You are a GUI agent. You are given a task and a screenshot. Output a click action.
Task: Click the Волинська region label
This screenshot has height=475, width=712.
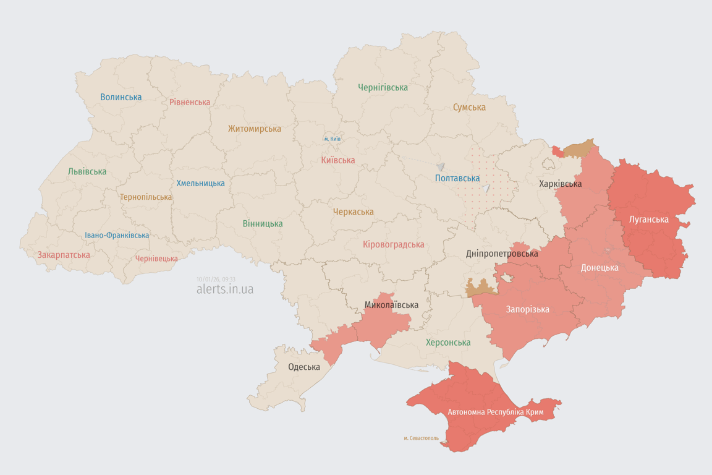coord(121,97)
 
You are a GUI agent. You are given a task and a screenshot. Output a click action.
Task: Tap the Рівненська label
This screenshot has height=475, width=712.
coord(190,102)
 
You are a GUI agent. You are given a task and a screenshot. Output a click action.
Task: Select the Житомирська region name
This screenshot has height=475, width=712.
coord(254,129)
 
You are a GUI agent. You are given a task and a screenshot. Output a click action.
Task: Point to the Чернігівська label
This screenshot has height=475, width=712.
coord(383,87)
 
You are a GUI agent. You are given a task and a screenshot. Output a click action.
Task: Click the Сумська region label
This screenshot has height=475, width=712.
coord(469,107)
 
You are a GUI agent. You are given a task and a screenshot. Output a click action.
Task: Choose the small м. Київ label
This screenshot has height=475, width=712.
coord(333,139)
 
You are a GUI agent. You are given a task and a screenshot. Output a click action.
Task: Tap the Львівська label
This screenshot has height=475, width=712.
coord(87,171)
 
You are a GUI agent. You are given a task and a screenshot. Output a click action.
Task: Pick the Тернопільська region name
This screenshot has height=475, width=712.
coord(146,197)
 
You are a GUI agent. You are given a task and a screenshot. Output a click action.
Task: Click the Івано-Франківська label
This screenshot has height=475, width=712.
coord(117,235)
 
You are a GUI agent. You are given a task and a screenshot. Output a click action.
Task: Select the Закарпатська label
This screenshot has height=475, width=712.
coord(64,255)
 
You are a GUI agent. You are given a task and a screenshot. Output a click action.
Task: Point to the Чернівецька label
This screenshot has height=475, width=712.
coord(156,259)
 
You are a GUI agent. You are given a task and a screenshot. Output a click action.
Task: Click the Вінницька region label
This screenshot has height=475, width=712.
coord(263,223)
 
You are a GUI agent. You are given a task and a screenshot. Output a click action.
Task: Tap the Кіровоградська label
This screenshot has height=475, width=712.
coord(394,244)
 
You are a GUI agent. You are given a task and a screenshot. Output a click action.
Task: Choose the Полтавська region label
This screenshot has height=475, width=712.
coord(457,178)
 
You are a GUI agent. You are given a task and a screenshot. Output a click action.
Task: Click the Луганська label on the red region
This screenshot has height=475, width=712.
coord(648,219)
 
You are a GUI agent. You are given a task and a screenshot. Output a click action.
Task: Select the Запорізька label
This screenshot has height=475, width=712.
coord(527,309)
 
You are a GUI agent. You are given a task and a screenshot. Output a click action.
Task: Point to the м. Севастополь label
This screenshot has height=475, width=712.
coord(421,438)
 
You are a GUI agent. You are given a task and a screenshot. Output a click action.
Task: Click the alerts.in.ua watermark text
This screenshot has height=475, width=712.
coord(225,289)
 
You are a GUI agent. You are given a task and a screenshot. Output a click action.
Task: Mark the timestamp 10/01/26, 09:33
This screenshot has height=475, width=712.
coord(216,279)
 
